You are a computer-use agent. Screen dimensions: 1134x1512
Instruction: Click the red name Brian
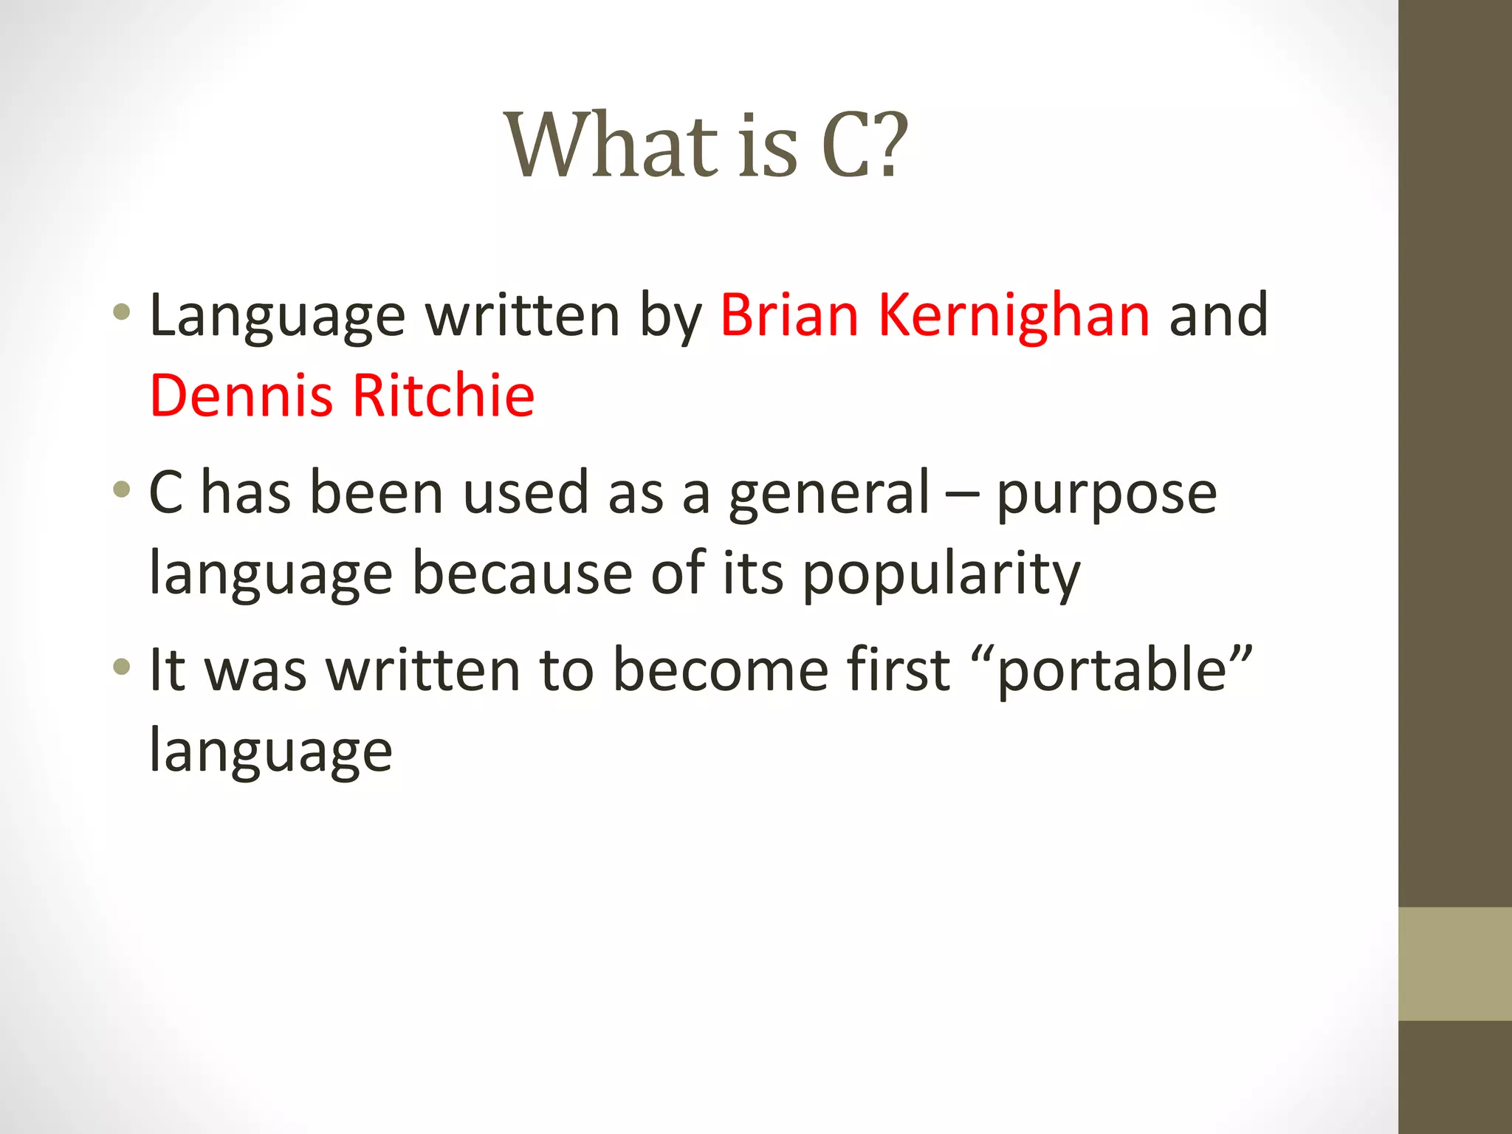[x=788, y=315]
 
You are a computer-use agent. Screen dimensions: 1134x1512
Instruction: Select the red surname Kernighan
[x=1013, y=315]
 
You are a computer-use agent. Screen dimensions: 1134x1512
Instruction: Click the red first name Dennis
[x=241, y=396]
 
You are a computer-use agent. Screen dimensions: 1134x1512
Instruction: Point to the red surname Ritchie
[x=444, y=396]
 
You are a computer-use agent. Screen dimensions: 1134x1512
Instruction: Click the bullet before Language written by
[x=122, y=312]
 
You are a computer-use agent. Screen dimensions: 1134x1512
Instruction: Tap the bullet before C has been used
[x=122, y=489]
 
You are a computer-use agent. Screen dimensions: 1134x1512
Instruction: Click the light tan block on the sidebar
[x=1454, y=963]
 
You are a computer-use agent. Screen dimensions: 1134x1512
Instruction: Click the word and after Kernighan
[x=1218, y=315]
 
